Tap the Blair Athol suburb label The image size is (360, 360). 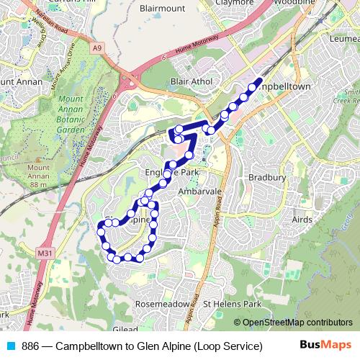tap(191, 82)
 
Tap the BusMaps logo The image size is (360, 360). tap(325, 346)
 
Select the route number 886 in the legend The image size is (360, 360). tap(31, 346)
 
